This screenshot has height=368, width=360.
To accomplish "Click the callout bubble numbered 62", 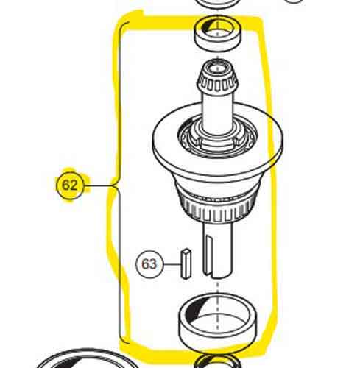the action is pyautogui.click(x=70, y=185).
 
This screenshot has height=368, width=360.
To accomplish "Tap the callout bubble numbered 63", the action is pyautogui.click(x=149, y=264).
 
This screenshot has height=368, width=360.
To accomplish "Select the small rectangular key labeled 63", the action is pyautogui.click(x=186, y=264).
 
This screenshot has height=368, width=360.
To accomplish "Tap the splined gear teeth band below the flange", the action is pyautogui.click(x=217, y=208).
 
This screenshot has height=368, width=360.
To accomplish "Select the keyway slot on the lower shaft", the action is pyautogui.click(x=208, y=255).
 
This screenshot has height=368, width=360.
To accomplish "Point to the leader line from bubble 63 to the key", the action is pyautogui.click(x=172, y=264).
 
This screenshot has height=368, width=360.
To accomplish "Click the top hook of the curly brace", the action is pyautogui.click(x=124, y=24).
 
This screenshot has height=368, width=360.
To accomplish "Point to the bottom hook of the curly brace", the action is pyautogui.click(x=124, y=342).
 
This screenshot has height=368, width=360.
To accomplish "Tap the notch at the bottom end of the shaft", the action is pyautogui.click(x=211, y=275).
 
